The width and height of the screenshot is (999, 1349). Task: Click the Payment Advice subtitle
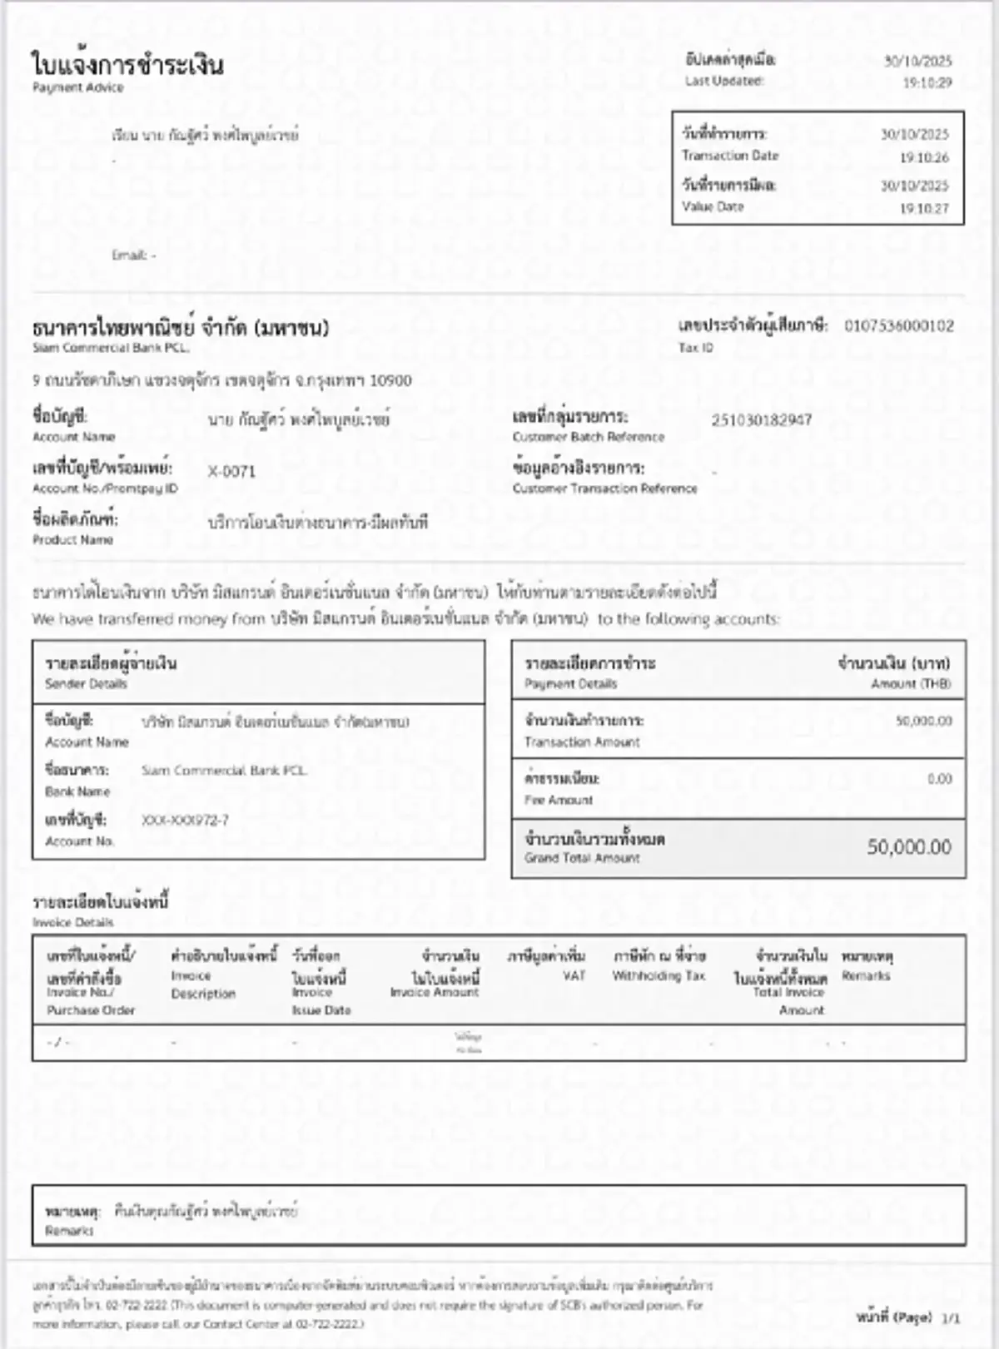(77, 87)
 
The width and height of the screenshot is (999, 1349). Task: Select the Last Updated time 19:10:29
(927, 82)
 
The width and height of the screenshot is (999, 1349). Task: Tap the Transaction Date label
(730, 156)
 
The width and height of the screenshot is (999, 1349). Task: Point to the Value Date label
(713, 206)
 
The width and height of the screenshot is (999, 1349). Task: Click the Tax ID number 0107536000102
(899, 326)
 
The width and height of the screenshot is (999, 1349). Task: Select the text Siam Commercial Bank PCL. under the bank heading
(111, 348)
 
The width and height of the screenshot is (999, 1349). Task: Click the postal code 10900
(390, 381)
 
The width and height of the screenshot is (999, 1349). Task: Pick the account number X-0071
(231, 472)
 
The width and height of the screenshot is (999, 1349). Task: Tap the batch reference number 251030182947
(761, 420)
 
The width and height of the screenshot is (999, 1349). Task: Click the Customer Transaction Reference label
(604, 489)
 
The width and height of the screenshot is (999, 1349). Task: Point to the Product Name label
(72, 540)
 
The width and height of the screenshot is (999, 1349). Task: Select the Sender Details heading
(86, 684)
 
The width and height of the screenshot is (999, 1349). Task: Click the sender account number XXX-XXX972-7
(185, 821)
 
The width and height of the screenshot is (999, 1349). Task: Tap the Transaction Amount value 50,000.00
(923, 721)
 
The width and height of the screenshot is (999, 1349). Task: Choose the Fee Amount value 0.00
(939, 779)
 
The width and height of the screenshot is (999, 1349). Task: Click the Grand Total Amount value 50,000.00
(908, 847)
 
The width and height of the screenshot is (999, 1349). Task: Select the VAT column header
(574, 975)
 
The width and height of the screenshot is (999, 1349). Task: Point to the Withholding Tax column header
(659, 975)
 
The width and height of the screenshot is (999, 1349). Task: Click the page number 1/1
(950, 1318)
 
